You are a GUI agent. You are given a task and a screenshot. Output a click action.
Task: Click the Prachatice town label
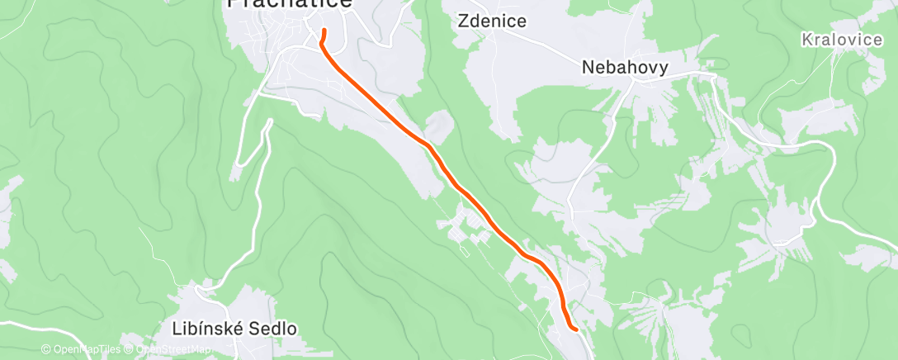pyautogui.click(x=290, y=4)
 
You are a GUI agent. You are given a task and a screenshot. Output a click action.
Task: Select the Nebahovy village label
pyautogui.click(x=625, y=68)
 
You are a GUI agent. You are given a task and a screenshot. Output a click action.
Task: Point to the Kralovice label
pyautogui.click(x=841, y=39)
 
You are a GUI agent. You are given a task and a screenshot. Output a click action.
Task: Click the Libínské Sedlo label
pyautogui.click(x=234, y=329)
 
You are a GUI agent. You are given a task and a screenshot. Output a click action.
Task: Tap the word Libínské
pyautogui.click(x=206, y=329)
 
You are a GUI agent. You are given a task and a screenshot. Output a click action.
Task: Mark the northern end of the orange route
pyautogui.click(x=324, y=31)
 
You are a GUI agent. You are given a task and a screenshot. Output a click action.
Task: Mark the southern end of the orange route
pyautogui.click(x=574, y=328)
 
